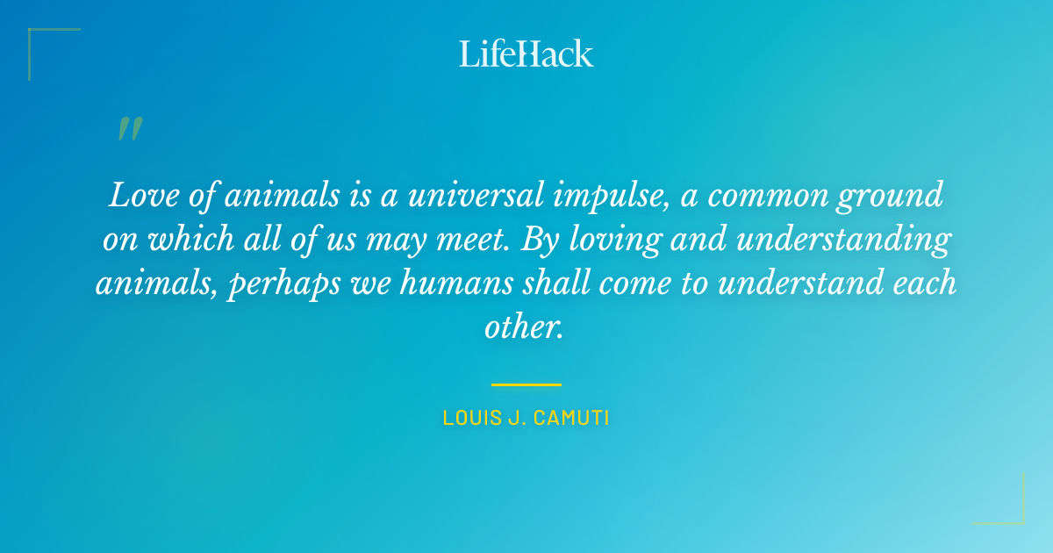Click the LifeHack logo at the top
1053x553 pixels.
(526, 54)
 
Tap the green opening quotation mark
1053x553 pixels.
(129, 129)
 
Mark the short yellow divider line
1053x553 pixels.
(526, 384)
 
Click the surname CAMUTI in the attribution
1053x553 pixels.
(569, 418)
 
